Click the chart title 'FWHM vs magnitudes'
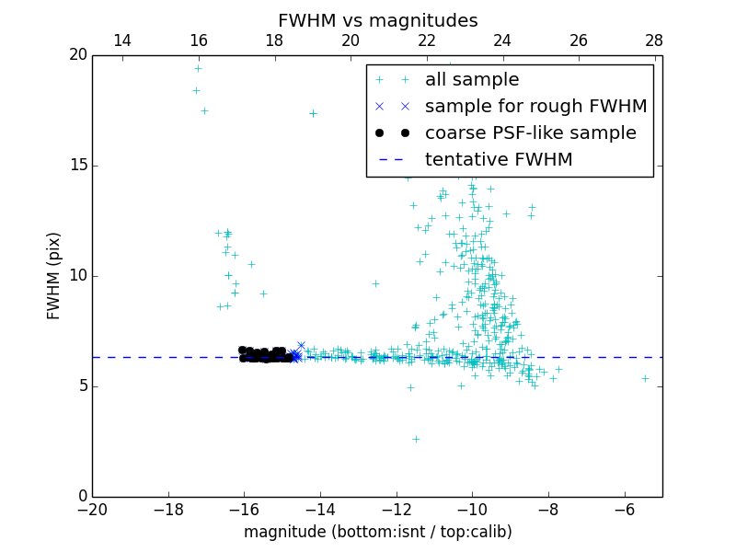point(377,20)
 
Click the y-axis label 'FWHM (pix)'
point(54,275)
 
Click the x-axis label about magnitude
point(377,532)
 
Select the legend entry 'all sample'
point(471,80)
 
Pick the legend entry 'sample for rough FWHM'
point(535,107)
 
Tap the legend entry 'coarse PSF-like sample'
point(530,133)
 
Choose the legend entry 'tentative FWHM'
point(498,160)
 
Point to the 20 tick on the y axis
point(76,55)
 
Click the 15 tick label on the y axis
point(76,166)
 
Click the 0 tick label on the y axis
point(81,497)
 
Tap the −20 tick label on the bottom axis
point(92,510)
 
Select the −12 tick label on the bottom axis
point(396,510)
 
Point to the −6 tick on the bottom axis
point(624,510)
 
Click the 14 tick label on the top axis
point(121,40)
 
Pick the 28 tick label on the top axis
point(654,40)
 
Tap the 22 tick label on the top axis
point(426,40)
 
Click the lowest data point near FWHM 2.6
point(416,439)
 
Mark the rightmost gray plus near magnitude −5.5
point(645,378)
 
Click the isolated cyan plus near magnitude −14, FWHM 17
point(313,113)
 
